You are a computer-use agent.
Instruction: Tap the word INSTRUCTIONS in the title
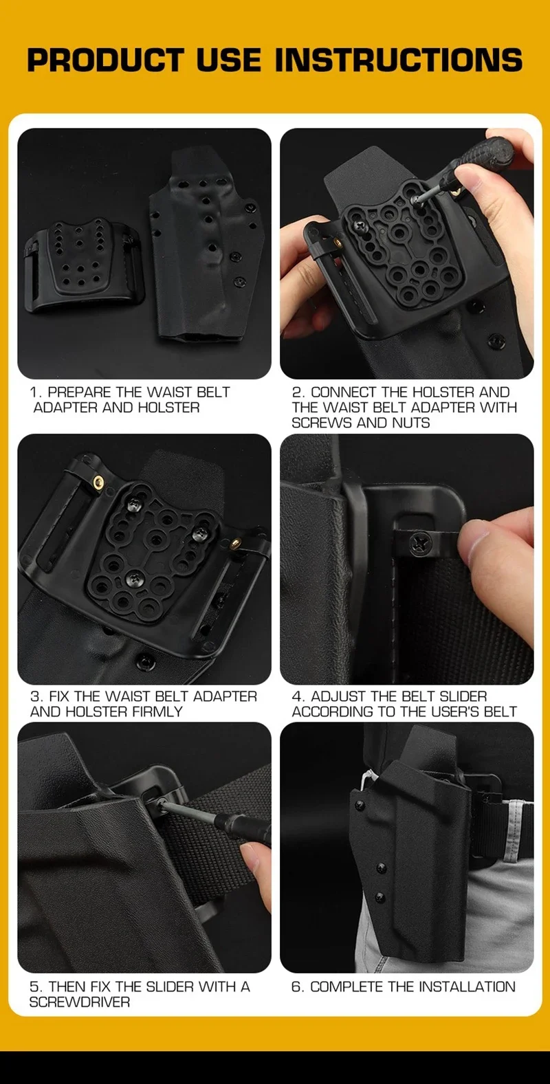click(399, 60)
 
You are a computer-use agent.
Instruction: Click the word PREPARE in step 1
click(81, 392)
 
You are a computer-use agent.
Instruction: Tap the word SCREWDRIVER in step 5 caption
click(79, 1002)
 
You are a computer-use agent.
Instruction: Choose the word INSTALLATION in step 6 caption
click(467, 986)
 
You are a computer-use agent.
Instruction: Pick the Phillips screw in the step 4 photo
click(419, 542)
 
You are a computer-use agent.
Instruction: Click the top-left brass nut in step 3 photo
click(98, 481)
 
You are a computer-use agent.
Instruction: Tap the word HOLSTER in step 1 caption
click(168, 408)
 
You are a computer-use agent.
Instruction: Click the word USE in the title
click(228, 60)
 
